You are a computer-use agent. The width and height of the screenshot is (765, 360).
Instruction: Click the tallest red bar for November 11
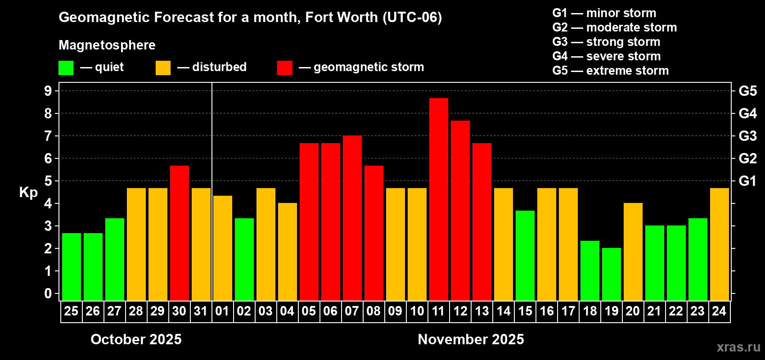coord(438,199)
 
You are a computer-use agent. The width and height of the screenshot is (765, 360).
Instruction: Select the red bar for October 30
coord(179,233)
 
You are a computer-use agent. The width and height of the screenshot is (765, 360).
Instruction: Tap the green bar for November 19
coord(611,274)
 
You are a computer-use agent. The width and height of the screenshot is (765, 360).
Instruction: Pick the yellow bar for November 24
coord(719,244)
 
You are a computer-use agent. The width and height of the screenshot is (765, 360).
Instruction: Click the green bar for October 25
coord(71,266)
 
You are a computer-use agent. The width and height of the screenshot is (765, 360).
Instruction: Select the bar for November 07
coord(352,218)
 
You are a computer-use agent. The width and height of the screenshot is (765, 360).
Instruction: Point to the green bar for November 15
coord(525,255)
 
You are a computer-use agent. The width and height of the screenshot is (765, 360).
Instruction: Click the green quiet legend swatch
coord(66,68)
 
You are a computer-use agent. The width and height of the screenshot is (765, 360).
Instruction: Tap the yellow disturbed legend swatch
coord(163,68)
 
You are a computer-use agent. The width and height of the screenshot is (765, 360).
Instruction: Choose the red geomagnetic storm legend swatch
coord(284,68)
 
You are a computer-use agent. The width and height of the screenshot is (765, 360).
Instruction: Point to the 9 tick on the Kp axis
coord(48,91)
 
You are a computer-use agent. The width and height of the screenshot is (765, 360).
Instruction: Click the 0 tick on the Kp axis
coord(48,293)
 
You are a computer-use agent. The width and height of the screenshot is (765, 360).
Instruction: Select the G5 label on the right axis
coord(747,91)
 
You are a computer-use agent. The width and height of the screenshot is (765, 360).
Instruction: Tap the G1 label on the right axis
coord(747,181)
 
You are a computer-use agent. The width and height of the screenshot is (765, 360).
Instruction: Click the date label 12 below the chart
coord(460,311)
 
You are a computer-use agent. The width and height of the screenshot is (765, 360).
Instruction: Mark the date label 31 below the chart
coord(201,311)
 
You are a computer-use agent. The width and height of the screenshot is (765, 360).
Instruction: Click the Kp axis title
coord(28,192)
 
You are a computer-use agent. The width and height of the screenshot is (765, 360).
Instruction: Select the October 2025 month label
coord(136,339)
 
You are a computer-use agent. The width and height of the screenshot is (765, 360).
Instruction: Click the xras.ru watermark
coord(738,347)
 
